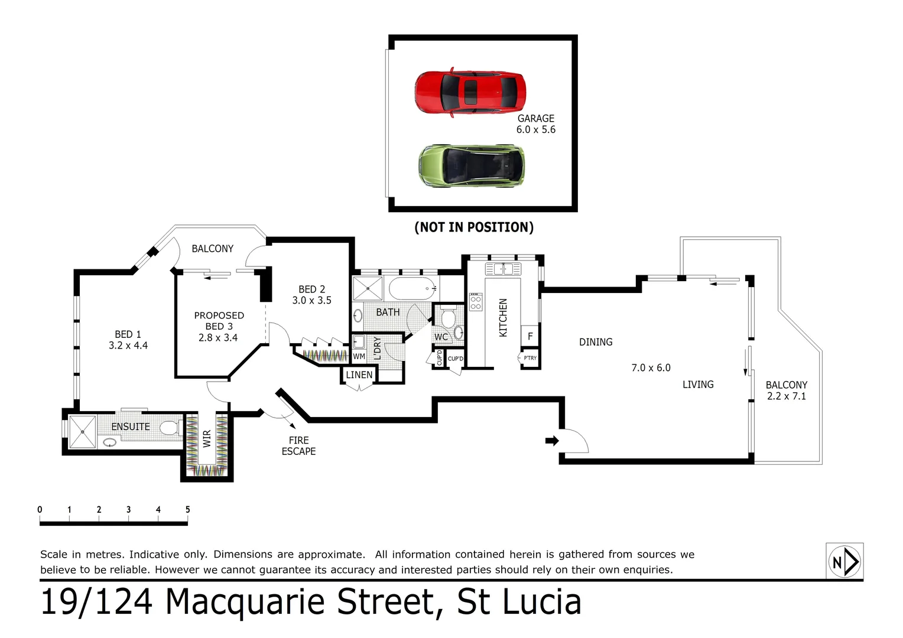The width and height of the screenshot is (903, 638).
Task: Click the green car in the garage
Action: (x=471, y=166)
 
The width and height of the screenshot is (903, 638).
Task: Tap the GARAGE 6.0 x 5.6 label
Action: (x=536, y=124)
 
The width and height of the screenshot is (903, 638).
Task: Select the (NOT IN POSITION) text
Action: (x=474, y=227)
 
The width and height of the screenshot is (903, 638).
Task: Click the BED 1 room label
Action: (x=128, y=340)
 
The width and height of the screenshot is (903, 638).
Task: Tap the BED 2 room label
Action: (x=311, y=295)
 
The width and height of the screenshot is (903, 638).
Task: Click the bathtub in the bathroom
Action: (x=412, y=289)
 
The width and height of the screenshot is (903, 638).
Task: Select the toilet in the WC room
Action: (x=447, y=319)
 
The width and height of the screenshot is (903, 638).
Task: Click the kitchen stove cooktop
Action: (x=475, y=302)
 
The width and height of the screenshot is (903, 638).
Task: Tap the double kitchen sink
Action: (x=503, y=269)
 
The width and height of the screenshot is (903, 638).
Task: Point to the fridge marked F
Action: (x=530, y=336)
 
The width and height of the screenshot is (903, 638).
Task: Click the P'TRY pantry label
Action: (x=530, y=358)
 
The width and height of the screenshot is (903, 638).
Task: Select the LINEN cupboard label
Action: (x=359, y=375)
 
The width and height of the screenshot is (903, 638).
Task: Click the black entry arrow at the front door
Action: (x=551, y=441)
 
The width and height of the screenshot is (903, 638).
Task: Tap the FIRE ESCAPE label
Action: (x=298, y=445)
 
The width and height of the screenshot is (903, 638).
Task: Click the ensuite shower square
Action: (x=82, y=432)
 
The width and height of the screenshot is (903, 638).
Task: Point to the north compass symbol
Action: (x=844, y=561)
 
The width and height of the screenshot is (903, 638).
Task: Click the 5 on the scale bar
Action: (x=187, y=509)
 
